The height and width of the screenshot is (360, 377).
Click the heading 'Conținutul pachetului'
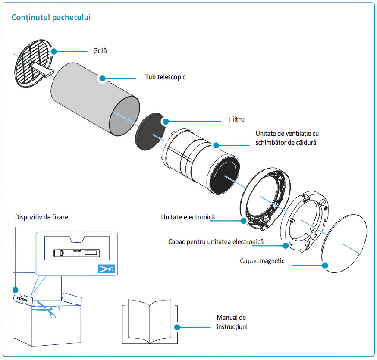[x=51, y=18]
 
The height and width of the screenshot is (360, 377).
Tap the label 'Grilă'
[x=100, y=51]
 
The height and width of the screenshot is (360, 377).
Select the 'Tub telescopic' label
[x=165, y=77]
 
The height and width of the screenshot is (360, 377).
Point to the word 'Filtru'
[x=237, y=119]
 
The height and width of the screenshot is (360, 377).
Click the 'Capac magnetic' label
[x=262, y=261]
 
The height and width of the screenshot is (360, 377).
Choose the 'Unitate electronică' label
[x=188, y=217]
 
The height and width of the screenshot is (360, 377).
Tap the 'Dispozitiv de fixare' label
[x=41, y=217]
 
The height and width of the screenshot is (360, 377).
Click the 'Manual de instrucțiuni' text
[x=232, y=322]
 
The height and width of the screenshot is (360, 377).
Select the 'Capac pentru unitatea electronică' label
[x=216, y=241]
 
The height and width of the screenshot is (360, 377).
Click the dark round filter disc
[x=150, y=131]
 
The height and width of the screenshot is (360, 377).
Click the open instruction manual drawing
[x=150, y=321]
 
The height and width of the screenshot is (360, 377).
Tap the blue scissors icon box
[x=106, y=269]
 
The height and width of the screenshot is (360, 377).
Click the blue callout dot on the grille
[x=54, y=51]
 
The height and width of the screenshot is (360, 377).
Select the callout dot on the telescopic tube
[x=102, y=78]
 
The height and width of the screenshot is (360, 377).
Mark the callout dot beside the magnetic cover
[x=325, y=265]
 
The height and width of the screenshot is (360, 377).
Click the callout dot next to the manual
[x=177, y=327]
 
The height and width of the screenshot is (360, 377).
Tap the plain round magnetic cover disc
[x=344, y=244]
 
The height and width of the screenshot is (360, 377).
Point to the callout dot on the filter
[x=166, y=121]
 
